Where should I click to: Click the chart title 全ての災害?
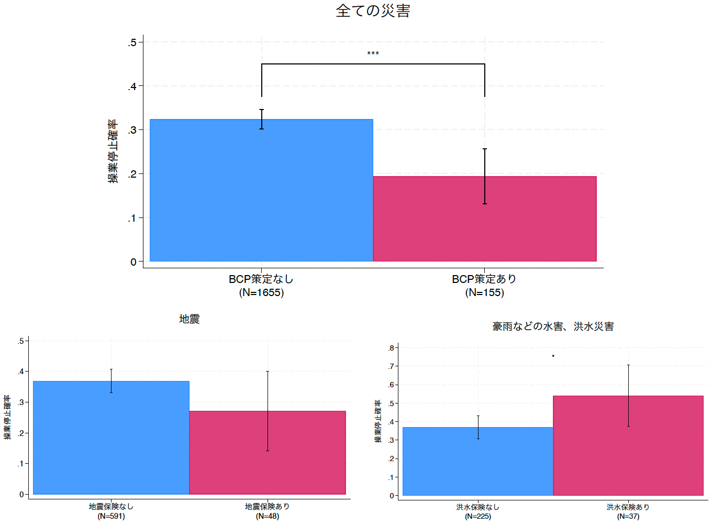click(x=373, y=11)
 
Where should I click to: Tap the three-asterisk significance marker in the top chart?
click(x=373, y=53)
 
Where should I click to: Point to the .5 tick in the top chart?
click(x=132, y=42)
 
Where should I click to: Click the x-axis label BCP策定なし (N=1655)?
click(x=261, y=286)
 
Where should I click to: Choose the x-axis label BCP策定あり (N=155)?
click(x=484, y=286)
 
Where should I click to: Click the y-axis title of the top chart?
click(x=113, y=151)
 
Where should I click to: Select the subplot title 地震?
click(x=189, y=319)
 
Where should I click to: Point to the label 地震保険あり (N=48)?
click(x=268, y=511)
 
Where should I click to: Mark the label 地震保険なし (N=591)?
click(x=111, y=511)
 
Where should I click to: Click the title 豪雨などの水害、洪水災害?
click(x=553, y=326)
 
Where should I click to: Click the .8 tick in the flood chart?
click(x=391, y=348)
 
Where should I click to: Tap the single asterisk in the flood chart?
click(x=553, y=356)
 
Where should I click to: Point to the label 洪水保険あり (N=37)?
click(x=628, y=511)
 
